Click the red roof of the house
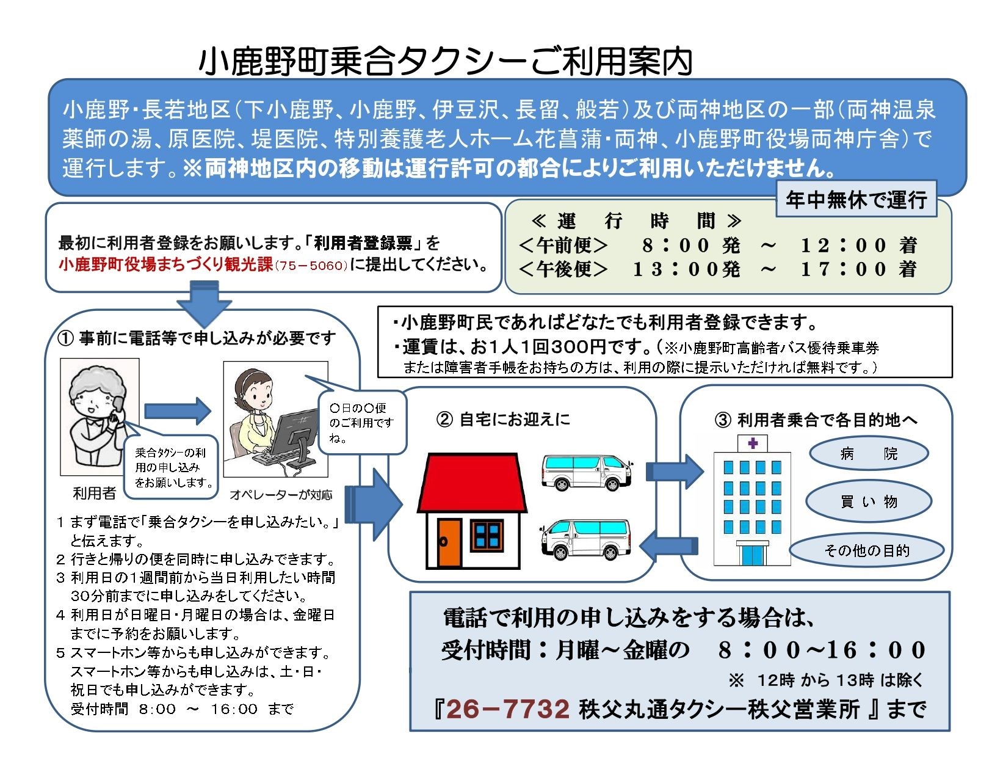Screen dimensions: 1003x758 tap(472, 483)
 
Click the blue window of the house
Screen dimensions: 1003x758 tap(487, 535)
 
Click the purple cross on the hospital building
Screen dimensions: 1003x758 tap(752, 443)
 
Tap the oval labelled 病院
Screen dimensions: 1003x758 tap(869, 454)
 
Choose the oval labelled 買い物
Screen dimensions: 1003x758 tap(868, 501)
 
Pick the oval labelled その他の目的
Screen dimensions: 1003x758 tap(866, 550)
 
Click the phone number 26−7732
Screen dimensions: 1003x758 tap(508, 709)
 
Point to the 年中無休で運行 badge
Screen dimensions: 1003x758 tap(856, 199)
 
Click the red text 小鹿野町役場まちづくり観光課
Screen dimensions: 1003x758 tap(165, 264)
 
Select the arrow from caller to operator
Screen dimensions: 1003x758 tap(178, 410)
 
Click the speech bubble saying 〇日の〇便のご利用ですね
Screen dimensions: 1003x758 tap(361, 422)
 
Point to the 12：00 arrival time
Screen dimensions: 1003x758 tap(843, 246)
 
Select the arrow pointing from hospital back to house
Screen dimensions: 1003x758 tap(668, 545)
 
